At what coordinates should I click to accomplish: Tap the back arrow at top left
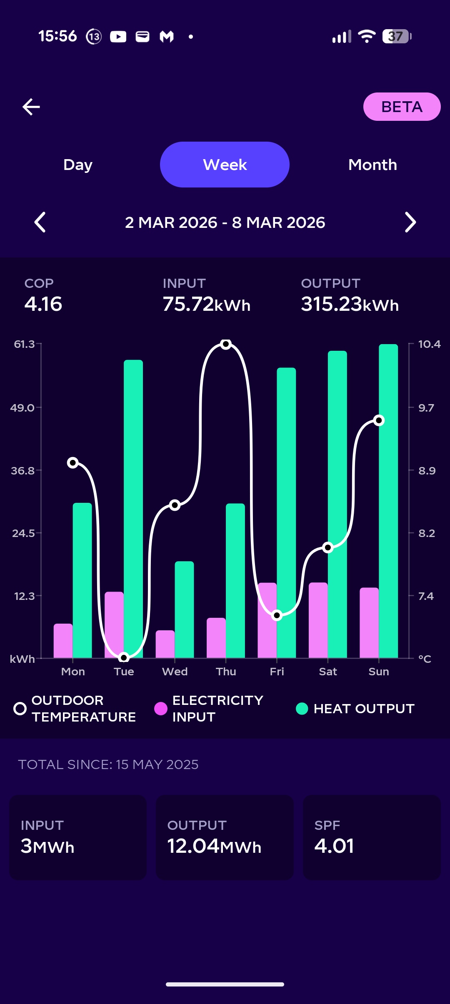pos(31,107)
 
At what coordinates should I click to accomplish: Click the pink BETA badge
pos(402,107)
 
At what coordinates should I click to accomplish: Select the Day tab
pos(78,165)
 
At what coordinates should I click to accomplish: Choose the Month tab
pos(372,165)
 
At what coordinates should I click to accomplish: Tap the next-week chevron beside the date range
pos(410,222)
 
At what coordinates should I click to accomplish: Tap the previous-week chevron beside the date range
pos(40,222)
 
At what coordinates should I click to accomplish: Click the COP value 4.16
pos(43,304)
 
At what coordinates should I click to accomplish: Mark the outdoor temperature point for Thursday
pos(226,344)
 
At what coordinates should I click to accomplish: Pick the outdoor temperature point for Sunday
pos(379,420)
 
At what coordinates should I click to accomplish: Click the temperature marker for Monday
pos(73,462)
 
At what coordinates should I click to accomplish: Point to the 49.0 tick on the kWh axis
pos(23,407)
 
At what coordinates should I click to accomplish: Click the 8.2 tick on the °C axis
pos(427,533)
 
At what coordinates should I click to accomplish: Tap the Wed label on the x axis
pos(175,672)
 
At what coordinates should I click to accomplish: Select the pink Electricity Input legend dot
pos(161,708)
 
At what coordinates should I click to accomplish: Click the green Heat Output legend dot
pos(302,708)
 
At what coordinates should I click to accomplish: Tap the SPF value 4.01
pos(334,846)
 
